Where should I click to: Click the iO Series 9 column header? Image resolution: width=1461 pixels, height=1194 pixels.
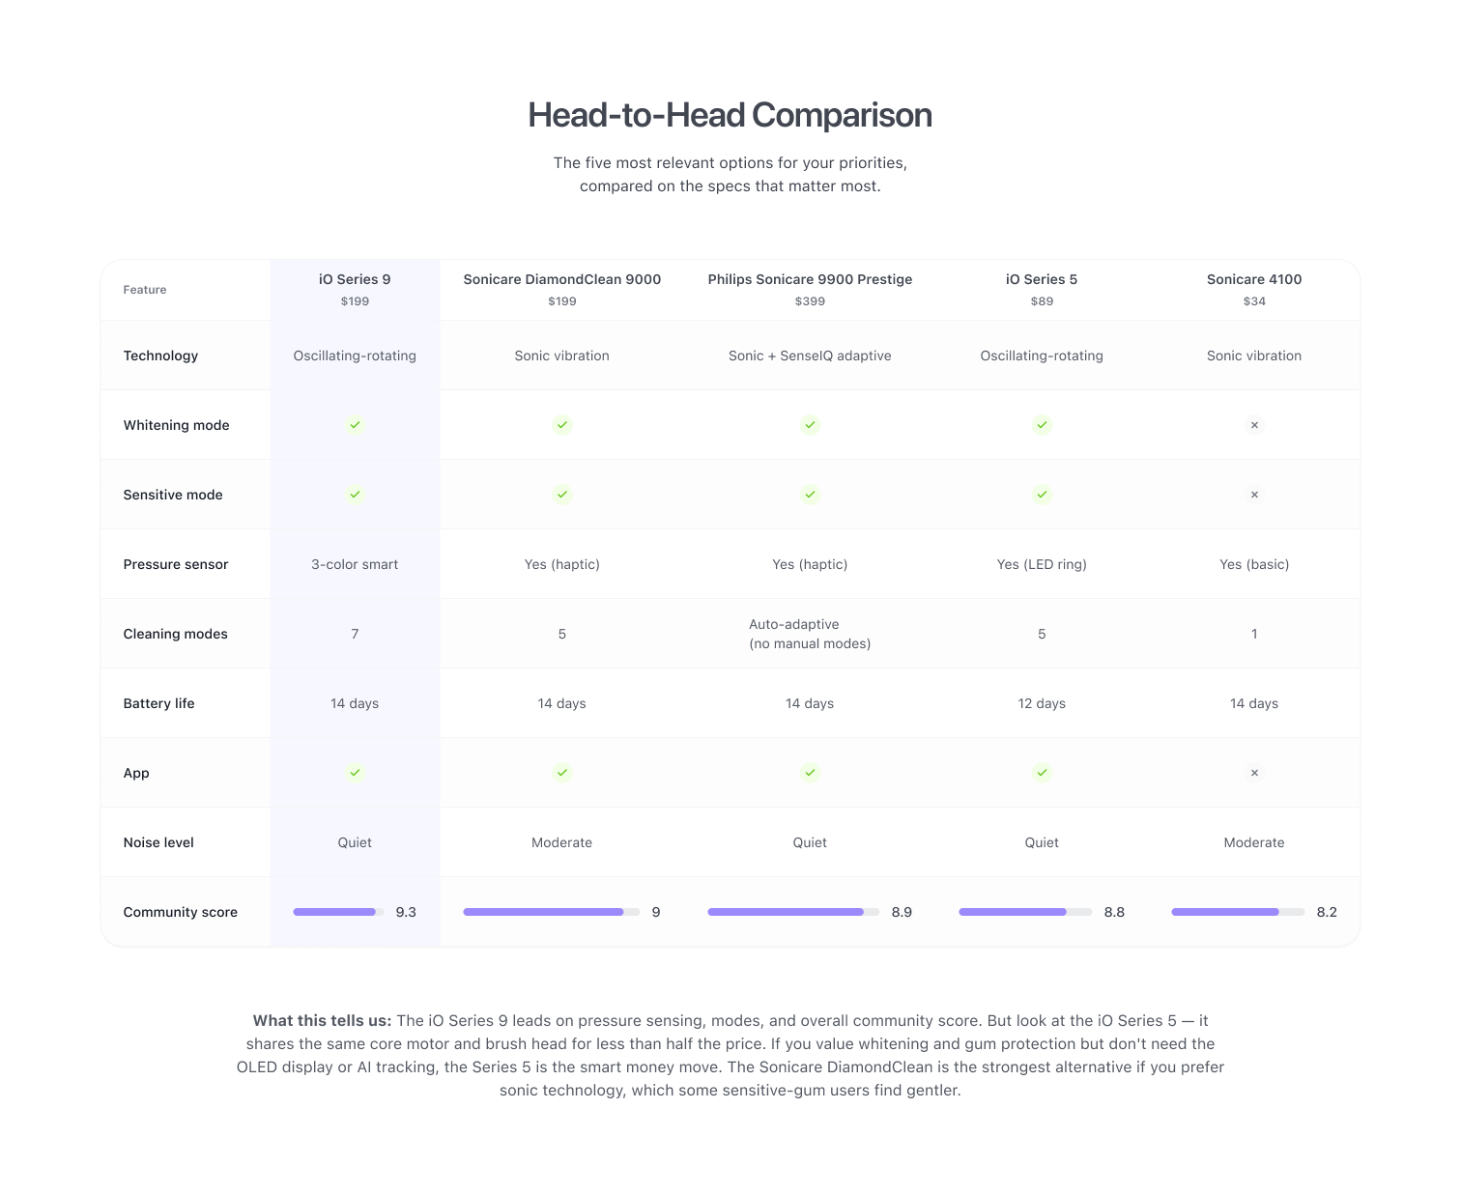tap(355, 279)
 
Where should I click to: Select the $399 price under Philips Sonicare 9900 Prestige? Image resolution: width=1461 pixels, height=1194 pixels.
tap(810, 301)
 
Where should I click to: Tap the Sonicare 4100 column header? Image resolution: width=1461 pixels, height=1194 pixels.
tap(1253, 279)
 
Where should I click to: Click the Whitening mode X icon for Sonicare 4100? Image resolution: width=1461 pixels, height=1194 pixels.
tap(1254, 425)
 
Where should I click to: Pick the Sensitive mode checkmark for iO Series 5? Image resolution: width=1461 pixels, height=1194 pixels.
tap(1042, 495)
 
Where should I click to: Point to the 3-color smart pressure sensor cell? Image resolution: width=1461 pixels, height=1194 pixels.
tap(355, 564)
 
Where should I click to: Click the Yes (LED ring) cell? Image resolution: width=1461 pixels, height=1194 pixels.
tap(1042, 564)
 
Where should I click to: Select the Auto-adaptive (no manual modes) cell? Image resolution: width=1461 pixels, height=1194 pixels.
tap(810, 634)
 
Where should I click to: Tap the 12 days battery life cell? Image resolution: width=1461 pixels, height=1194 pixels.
tap(1042, 703)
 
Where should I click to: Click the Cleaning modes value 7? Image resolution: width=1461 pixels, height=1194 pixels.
tap(355, 634)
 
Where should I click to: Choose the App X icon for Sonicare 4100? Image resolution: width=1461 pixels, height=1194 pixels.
tap(1254, 773)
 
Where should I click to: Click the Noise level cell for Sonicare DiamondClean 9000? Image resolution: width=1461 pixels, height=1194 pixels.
tap(561, 842)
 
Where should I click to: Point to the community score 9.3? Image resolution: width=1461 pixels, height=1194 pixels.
tap(406, 912)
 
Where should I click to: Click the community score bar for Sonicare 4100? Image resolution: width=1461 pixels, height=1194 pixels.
tap(1237, 912)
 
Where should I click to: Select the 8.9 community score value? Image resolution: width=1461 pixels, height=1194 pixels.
tap(902, 912)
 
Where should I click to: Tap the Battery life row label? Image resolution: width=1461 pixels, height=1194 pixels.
tap(158, 703)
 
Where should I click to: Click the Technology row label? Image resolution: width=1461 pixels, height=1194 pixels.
tap(160, 355)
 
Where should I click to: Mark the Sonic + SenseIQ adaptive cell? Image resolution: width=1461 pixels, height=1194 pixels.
tap(810, 355)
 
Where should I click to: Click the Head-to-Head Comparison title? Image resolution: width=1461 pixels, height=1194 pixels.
tap(730, 115)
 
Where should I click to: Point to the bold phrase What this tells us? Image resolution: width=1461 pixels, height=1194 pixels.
tap(322, 1020)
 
